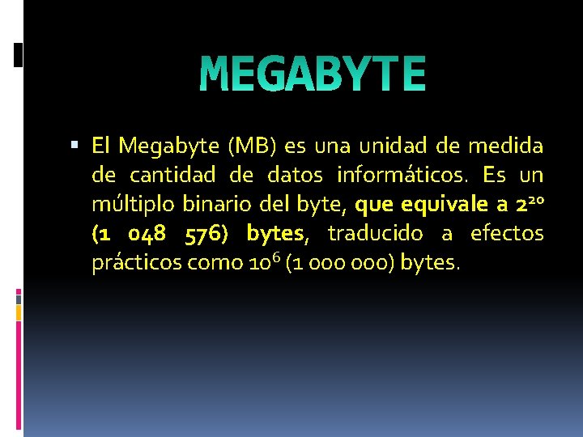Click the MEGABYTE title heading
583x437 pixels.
(313, 74)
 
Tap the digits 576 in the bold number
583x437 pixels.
(204, 234)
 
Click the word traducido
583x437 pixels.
(375, 234)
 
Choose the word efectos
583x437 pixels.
(507, 234)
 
